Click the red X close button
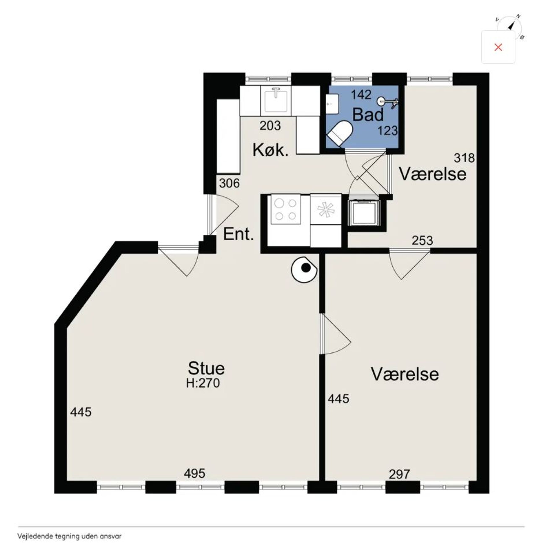[498, 47]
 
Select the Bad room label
[368, 114]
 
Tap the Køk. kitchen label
[270, 150]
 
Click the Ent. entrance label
[238, 234]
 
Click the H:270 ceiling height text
[203, 383]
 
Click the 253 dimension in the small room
[422, 240]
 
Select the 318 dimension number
[464, 158]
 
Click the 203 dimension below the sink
[270, 126]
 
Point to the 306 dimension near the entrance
[229, 183]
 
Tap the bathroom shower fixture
[388, 102]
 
